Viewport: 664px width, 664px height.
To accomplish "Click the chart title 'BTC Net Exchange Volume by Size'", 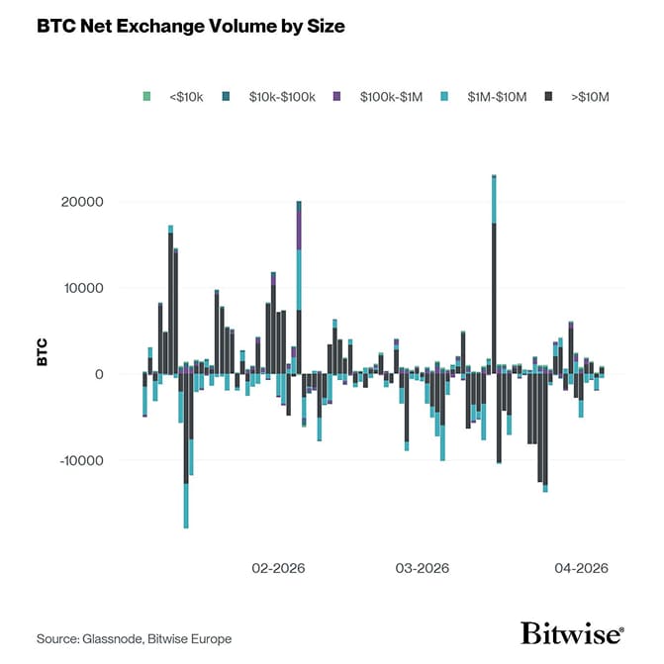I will pyautogui.click(x=191, y=27).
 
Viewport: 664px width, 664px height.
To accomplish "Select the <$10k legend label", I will pyautogui.click(x=187, y=96).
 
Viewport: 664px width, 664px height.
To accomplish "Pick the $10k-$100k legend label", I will pyautogui.click(x=282, y=96).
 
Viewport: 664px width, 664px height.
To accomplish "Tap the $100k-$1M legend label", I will pyautogui.click(x=390, y=96).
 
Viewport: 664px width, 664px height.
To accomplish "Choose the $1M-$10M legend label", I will pyautogui.click(x=498, y=96).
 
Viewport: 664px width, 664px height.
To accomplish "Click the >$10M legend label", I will pyautogui.click(x=592, y=96).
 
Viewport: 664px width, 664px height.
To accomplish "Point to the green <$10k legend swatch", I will pyautogui.click(x=146, y=96).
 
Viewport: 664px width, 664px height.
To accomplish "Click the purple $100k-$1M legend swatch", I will pyautogui.click(x=337, y=96).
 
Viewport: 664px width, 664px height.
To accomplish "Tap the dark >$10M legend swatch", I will pyautogui.click(x=550, y=96).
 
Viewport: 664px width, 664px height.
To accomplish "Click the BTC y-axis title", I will pyautogui.click(x=43, y=353).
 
